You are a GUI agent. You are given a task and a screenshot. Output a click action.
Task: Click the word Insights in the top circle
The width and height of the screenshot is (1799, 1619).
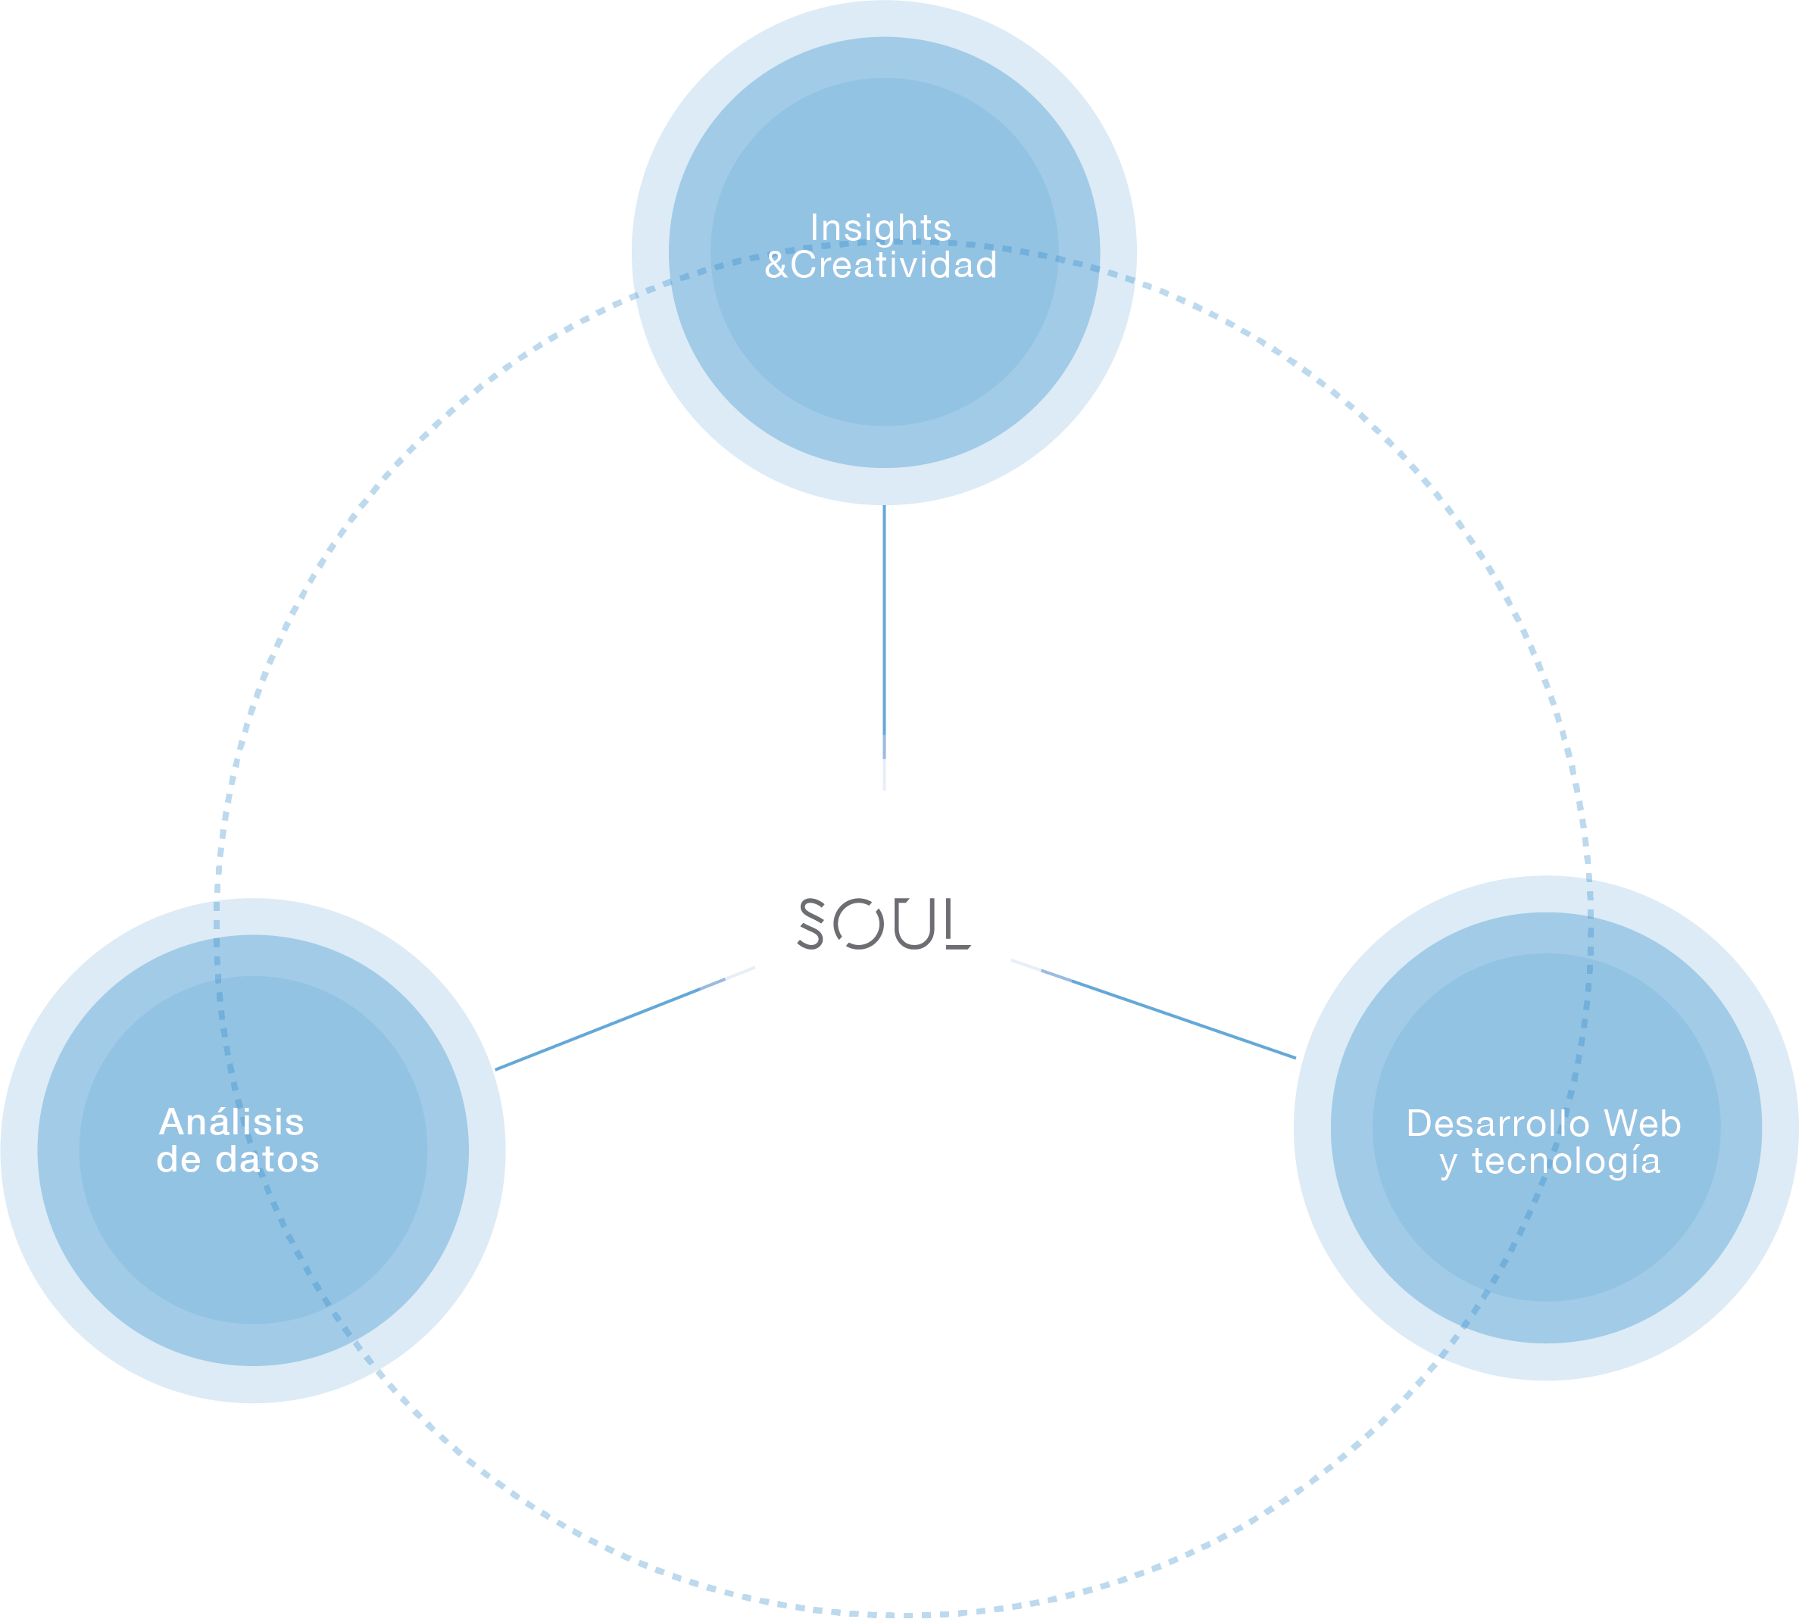(x=880, y=229)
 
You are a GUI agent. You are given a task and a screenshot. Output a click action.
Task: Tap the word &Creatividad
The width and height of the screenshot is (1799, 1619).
(x=880, y=265)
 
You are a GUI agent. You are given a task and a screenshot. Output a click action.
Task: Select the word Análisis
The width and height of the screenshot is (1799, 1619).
(x=231, y=1123)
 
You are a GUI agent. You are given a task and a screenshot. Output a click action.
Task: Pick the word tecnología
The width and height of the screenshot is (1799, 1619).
(x=1566, y=1162)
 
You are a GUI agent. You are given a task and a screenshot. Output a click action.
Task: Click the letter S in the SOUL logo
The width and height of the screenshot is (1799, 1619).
(x=810, y=923)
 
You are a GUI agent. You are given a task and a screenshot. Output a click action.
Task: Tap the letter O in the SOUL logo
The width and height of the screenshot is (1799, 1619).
(x=857, y=925)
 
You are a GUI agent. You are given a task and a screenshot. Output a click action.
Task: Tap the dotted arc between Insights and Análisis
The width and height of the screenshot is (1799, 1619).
(x=356, y=516)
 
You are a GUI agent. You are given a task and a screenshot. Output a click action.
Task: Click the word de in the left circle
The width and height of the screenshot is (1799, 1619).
(x=178, y=1160)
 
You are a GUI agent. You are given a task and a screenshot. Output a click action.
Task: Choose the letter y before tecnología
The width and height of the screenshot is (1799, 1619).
(x=1448, y=1164)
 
